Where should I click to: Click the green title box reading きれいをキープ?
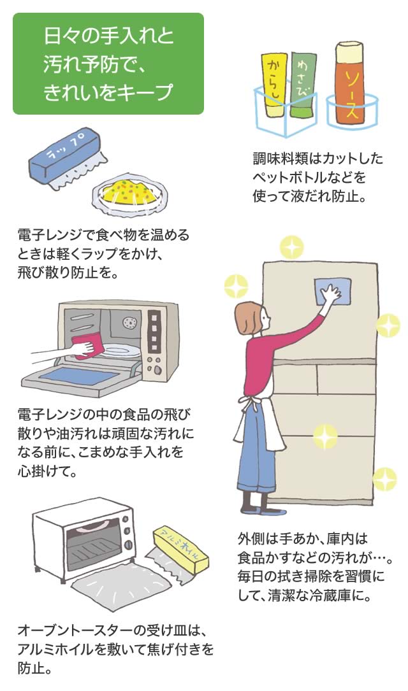108,64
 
